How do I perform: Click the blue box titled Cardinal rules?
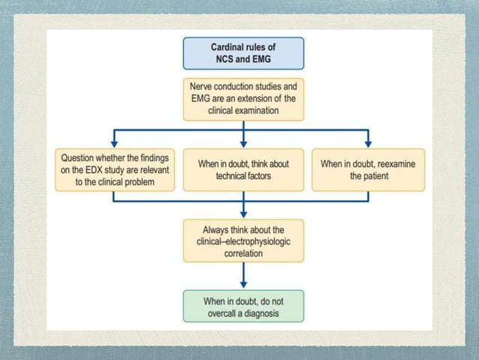[x=244, y=53]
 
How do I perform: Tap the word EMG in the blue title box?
[x=258, y=60]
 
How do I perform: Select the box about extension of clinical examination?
[x=244, y=98]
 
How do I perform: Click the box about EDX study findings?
[x=114, y=169]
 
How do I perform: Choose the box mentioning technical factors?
[x=244, y=169]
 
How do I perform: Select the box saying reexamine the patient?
[x=369, y=169]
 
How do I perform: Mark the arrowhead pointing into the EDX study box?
[x=114, y=144]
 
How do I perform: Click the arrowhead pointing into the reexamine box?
[x=369, y=144]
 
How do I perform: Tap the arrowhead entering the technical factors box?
[x=244, y=144]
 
